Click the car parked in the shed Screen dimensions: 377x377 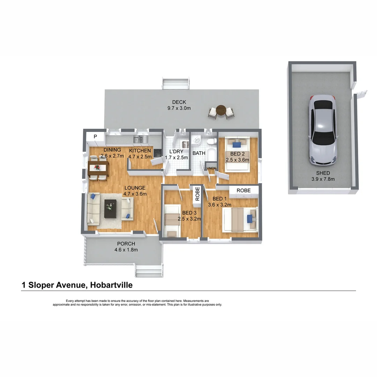(x=323, y=130)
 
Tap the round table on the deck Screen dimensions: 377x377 (x=221, y=111)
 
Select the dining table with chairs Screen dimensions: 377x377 (x=98, y=168)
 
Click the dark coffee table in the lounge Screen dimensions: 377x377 (x=111, y=208)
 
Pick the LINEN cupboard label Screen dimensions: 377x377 (x=211, y=169)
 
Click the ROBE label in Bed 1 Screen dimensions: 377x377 (x=243, y=191)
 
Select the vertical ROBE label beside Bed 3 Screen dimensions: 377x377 (x=197, y=194)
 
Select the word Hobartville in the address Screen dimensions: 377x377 (x=111, y=285)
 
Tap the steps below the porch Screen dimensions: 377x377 (x=149, y=271)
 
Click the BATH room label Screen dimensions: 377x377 (x=199, y=153)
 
